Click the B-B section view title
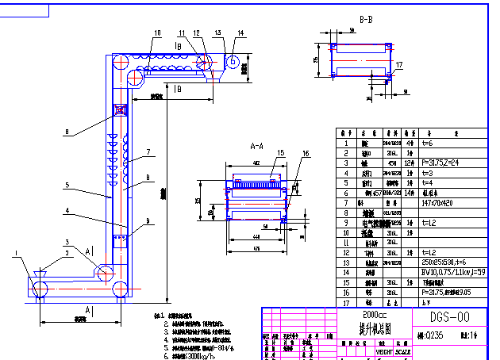(367, 18)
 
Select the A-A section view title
(257, 147)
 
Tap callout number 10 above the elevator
(157, 33)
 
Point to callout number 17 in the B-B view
(399, 65)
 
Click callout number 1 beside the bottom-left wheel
(16, 254)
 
